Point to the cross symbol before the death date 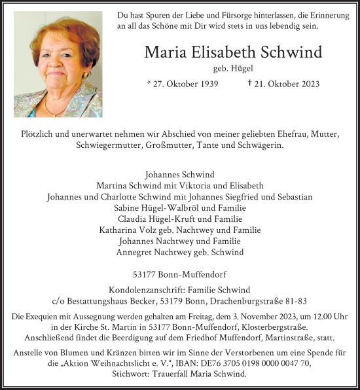click(250, 82)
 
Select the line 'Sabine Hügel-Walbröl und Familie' click(179, 207)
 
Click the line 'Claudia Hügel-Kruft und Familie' click(179, 219)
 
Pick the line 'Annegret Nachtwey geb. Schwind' click(179, 252)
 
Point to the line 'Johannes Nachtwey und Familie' click(179, 241)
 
